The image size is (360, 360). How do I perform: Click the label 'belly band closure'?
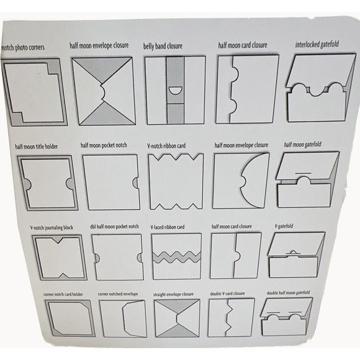[x=163, y=46]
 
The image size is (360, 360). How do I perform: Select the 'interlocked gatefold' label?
[x=317, y=44]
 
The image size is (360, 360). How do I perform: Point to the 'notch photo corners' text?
[x=23, y=48]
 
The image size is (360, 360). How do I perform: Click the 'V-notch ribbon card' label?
[x=166, y=146]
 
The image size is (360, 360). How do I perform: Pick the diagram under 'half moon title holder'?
[x=48, y=182]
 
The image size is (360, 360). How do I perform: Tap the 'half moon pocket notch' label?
[x=104, y=145]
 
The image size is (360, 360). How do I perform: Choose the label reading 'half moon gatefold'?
[x=303, y=145]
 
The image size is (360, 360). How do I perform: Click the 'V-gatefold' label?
[x=284, y=226]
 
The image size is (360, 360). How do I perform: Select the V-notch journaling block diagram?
[x=60, y=257]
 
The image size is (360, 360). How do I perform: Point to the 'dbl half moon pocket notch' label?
[x=114, y=227]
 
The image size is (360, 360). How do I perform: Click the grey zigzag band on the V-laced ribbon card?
[x=176, y=257]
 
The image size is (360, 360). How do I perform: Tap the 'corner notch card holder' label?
[x=63, y=294]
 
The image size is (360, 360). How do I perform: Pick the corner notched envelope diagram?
[x=123, y=318]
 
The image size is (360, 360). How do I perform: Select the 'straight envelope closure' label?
[x=173, y=294]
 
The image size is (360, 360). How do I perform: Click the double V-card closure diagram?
[x=232, y=318]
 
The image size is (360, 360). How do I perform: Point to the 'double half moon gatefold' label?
[x=288, y=293]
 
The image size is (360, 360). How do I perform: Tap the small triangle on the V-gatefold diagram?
[x=292, y=252]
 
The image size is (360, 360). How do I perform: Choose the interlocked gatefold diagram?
[x=321, y=88]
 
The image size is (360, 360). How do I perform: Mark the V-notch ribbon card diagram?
[x=176, y=181]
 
